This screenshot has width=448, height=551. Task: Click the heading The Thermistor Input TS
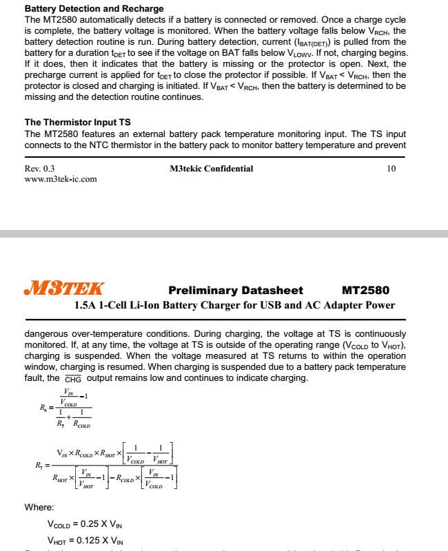77,123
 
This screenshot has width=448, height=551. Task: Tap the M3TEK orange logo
64,289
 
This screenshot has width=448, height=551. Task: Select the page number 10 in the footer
391,169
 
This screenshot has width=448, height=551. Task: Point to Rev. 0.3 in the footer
40,169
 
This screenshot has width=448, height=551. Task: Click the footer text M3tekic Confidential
211,169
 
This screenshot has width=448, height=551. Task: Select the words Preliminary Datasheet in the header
236,290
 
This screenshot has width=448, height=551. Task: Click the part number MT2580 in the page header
365,290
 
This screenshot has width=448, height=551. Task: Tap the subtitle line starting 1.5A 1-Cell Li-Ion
235,305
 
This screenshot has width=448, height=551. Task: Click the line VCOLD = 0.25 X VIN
85,526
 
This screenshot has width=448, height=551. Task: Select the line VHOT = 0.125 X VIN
85,540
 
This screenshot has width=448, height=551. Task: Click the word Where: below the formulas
39,508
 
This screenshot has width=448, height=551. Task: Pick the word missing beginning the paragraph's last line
41,97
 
